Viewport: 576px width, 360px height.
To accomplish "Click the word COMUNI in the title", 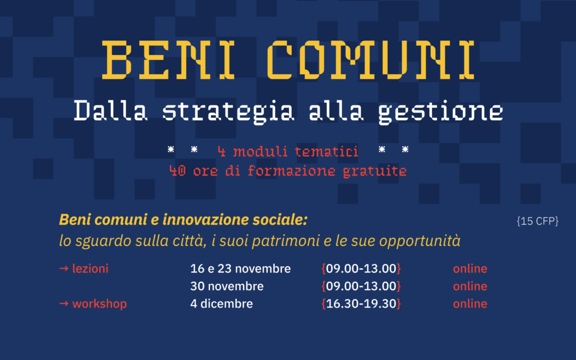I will [370, 59].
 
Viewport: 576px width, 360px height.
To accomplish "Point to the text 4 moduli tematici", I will [288, 152].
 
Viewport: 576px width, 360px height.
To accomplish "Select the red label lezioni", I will [90, 269].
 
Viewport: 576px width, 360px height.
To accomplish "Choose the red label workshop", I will [99, 304].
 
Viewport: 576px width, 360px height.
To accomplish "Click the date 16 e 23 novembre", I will [241, 269].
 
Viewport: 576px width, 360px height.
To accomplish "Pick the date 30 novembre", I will [227, 286].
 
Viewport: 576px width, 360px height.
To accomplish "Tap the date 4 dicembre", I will [221, 304].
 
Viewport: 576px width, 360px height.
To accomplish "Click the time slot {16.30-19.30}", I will [361, 304].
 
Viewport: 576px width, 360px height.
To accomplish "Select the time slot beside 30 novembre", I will [361, 286].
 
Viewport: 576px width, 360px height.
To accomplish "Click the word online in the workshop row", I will [470, 304].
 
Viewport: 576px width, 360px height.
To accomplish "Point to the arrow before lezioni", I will [64, 269].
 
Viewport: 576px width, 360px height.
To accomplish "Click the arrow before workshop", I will [64, 304].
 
